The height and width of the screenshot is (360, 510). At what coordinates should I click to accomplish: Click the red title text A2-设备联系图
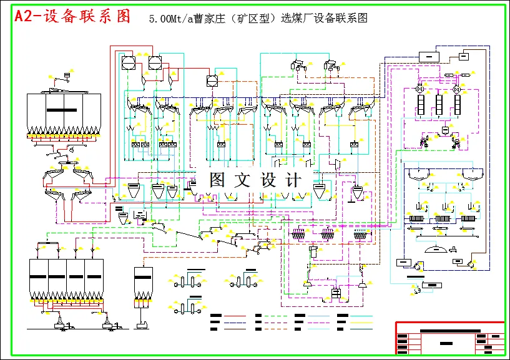[72, 17]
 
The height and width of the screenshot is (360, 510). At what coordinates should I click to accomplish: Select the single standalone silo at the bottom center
[144, 285]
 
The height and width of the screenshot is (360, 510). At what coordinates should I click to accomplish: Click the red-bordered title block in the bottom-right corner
[449, 338]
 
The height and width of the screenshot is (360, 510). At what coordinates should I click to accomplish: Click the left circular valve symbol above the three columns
[417, 90]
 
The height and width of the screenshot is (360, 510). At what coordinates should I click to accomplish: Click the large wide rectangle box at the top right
[428, 57]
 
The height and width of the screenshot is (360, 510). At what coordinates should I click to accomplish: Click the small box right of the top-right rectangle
[464, 56]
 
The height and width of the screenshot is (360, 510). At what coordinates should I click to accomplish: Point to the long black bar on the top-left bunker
[65, 110]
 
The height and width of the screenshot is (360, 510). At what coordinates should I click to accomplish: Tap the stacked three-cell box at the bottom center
[336, 293]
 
